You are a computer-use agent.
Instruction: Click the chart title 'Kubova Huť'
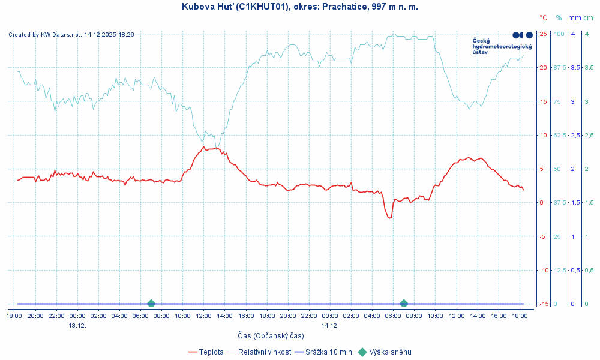(x=299, y=7)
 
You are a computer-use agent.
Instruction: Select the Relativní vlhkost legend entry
(x=265, y=352)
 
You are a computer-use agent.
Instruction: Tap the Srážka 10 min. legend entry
(x=329, y=352)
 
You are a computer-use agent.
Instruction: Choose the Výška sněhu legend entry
(x=390, y=352)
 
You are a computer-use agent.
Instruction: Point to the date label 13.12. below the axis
(x=77, y=325)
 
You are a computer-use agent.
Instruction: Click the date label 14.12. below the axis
(x=330, y=325)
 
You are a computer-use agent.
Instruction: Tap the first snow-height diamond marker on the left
(x=151, y=304)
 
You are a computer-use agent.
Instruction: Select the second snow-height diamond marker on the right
(x=404, y=304)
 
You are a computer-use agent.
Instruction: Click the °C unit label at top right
(x=543, y=18)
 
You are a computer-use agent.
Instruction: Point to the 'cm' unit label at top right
(x=589, y=18)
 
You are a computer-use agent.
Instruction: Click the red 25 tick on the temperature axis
(x=543, y=34)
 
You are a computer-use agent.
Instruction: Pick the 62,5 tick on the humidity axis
(x=559, y=135)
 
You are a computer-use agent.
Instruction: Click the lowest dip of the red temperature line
(x=390, y=218)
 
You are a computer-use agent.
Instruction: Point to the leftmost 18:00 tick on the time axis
(x=14, y=316)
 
